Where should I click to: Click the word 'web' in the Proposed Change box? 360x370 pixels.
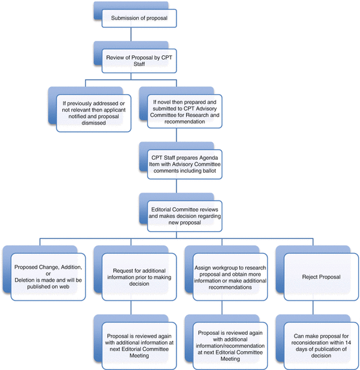coord(66,284)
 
